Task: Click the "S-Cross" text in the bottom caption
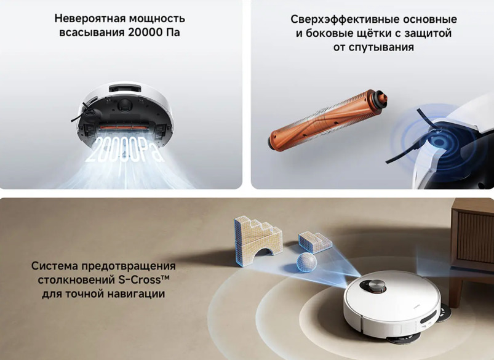click(143, 280)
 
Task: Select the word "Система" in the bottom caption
click(55, 266)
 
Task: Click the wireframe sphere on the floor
click(307, 263)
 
